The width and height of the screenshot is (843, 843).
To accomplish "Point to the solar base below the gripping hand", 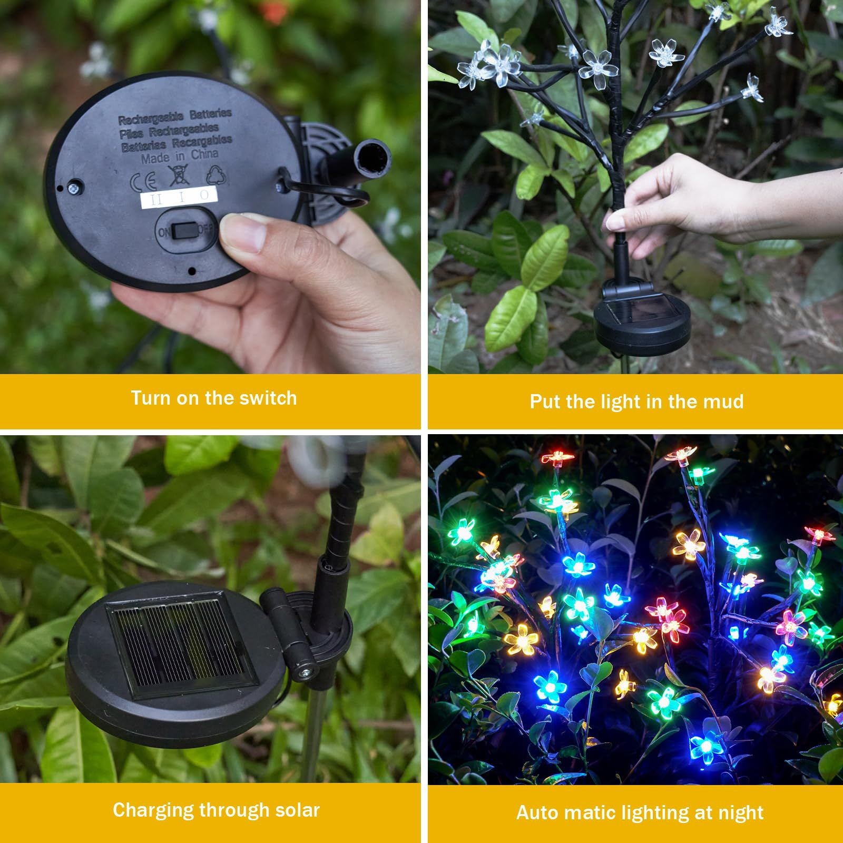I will tap(642, 321).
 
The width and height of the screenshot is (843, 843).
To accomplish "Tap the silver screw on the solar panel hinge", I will tap(305, 672).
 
